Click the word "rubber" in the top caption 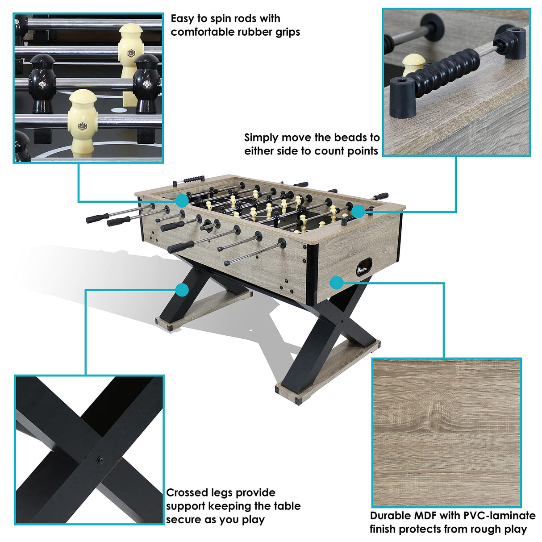tap(250, 32)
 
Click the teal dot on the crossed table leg tap(182, 290)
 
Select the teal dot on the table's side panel tap(337, 283)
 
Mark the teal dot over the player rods tap(182, 200)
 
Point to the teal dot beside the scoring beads tap(358, 211)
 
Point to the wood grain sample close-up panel tap(446, 433)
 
